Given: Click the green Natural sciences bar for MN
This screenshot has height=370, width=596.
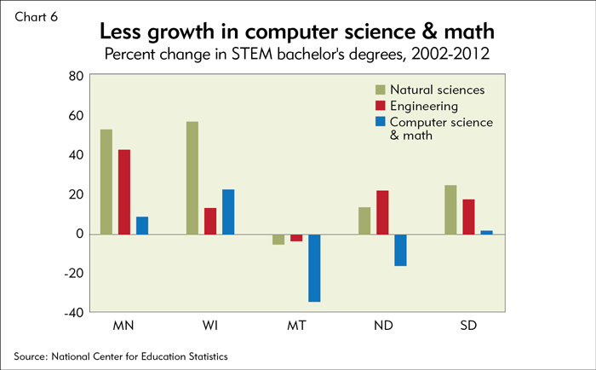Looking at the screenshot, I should click(x=106, y=182).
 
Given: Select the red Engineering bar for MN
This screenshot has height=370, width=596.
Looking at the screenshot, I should click(x=124, y=192).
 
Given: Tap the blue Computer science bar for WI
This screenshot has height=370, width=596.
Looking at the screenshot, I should click(x=228, y=211).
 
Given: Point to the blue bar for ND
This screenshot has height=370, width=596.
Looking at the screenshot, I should click(x=401, y=250).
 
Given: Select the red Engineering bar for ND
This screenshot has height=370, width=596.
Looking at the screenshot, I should click(x=383, y=212).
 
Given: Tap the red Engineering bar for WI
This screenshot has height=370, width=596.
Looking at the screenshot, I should click(x=210, y=221).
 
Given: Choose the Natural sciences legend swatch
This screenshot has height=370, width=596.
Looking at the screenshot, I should click(x=380, y=90).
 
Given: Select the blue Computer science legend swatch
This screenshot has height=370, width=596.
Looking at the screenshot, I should click(x=380, y=123).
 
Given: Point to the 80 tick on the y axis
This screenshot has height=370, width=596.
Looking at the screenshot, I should click(x=74, y=76).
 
